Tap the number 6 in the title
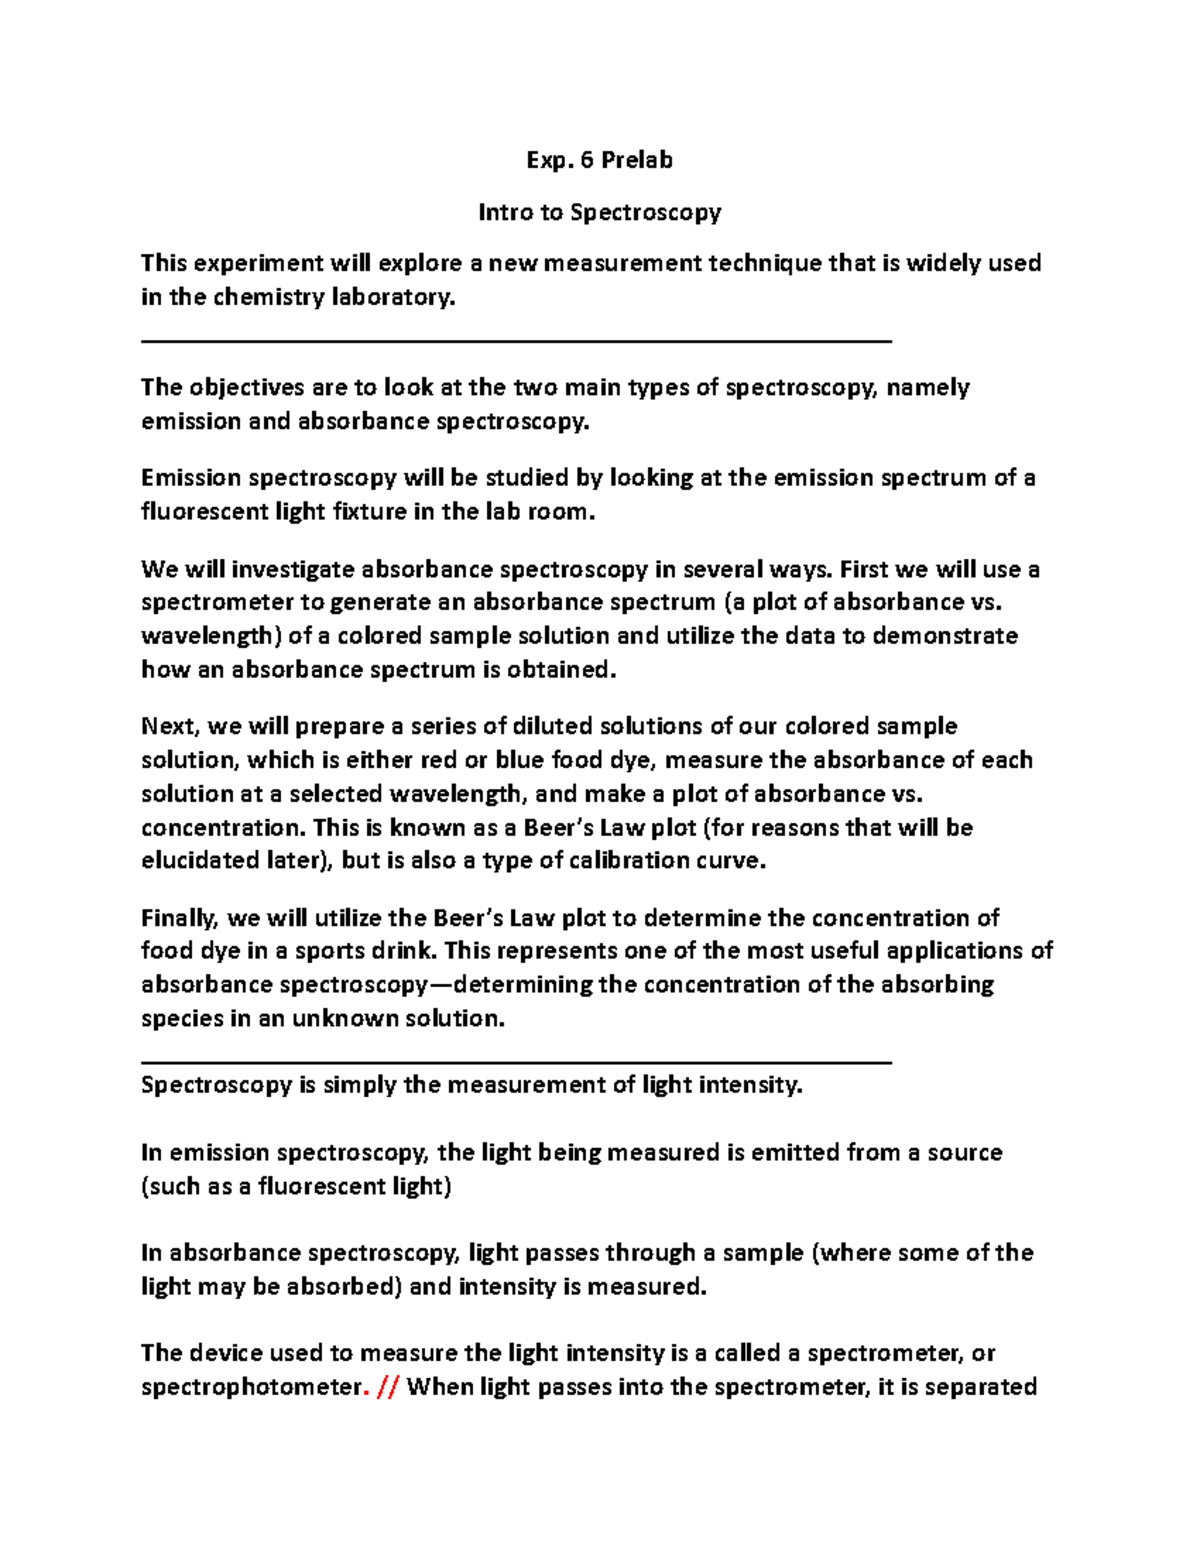pyautogui.click(x=586, y=160)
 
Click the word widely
pyautogui.click(x=943, y=263)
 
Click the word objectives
pyautogui.click(x=247, y=387)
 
